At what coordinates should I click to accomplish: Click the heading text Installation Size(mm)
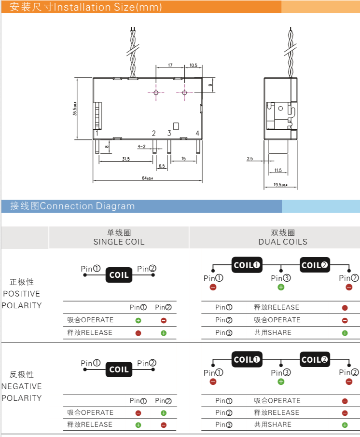(x=107, y=7)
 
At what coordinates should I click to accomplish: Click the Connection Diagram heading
(x=87, y=206)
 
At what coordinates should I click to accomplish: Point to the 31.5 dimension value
(x=126, y=159)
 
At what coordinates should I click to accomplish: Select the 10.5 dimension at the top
(x=194, y=65)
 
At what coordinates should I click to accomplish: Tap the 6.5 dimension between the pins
(x=162, y=166)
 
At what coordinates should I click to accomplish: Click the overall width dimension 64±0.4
(x=147, y=178)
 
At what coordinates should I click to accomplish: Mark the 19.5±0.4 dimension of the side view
(x=280, y=185)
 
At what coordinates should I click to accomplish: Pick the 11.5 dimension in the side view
(x=278, y=170)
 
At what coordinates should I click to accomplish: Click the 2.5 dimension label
(x=249, y=158)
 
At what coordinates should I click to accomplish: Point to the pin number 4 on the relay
(x=197, y=133)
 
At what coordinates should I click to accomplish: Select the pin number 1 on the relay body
(x=97, y=133)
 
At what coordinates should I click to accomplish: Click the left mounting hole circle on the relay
(x=156, y=93)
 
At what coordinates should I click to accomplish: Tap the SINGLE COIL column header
(x=119, y=242)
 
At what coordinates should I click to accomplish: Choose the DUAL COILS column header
(x=283, y=242)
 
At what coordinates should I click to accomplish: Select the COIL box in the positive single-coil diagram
(x=119, y=275)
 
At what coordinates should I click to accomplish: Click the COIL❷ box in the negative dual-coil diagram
(x=315, y=359)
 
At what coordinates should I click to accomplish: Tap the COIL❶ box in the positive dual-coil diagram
(x=247, y=265)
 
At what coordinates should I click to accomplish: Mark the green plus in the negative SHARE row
(x=345, y=425)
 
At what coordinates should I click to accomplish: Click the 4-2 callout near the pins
(x=141, y=146)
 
